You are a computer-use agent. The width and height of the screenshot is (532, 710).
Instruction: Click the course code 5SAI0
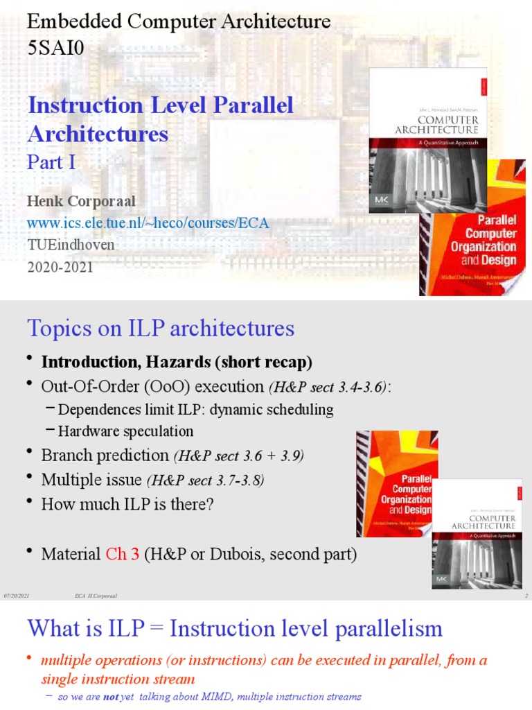[55, 48]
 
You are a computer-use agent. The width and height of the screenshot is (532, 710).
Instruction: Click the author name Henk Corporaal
[81, 201]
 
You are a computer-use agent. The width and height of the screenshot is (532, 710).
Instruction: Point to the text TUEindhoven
[71, 245]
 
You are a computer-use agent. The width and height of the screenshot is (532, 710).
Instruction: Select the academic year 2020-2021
[60, 267]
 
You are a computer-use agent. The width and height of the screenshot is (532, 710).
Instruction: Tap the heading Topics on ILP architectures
[161, 328]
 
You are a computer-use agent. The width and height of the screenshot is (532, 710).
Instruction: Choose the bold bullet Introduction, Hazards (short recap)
[177, 362]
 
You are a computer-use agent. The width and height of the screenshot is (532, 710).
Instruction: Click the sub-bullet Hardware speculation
[125, 431]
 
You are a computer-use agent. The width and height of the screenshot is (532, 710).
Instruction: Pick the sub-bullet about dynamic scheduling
[195, 410]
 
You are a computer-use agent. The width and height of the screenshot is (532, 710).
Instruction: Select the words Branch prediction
[105, 455]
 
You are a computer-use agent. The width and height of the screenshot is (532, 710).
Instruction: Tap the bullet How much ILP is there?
[127, 504]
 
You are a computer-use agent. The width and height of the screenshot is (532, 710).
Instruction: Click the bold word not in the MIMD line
[109, 696]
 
